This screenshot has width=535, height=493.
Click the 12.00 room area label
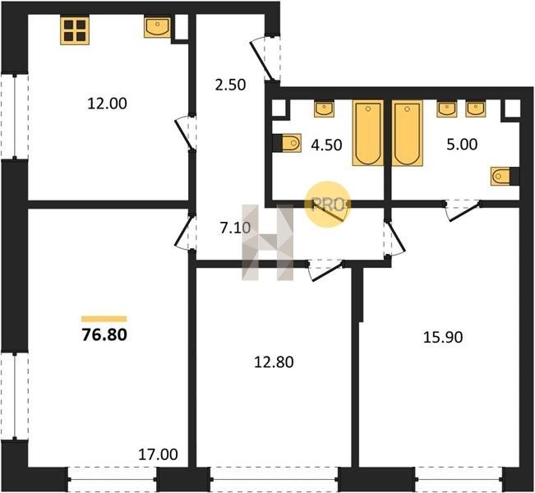(107, 104)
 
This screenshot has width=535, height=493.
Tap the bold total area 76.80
(104, 334)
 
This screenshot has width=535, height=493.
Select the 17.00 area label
(158, 454)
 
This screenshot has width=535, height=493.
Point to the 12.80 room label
(274, 362)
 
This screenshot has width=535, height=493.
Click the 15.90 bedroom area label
(443, 337)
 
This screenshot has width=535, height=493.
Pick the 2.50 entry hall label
(230, 85)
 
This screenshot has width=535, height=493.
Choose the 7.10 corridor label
(235, 228)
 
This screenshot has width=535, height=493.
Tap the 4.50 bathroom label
(326, 145)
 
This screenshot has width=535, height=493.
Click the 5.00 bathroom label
(462, 145)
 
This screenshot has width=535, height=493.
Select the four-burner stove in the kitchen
(75, 30)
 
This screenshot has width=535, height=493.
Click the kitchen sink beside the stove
(157, 27)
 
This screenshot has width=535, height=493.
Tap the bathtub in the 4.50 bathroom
(367, 133)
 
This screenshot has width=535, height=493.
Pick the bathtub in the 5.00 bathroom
(407, 133)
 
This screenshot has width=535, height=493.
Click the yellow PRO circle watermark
(328, 205)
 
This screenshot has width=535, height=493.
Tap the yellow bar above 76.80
(104, 319)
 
